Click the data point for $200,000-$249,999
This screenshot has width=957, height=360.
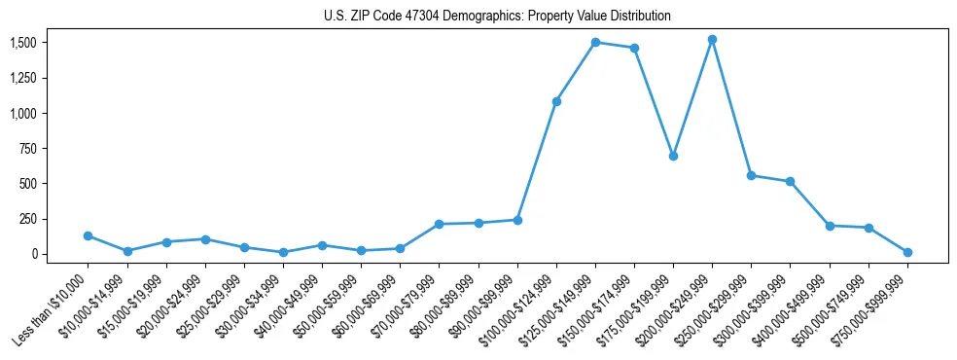[x=712, y=40]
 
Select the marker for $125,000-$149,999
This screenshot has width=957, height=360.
[x=595, y=43]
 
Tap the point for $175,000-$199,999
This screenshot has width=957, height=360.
[x=673, y=156]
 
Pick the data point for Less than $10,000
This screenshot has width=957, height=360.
[x=89, y=235]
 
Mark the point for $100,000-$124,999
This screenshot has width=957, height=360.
[x=556, y=101]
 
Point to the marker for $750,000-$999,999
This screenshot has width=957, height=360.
[x=907, y=252]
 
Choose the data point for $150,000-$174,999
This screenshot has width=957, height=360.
[x=634, y=48]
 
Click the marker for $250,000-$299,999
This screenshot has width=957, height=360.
[x=751, y=175]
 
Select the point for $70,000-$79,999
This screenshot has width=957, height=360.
[x=440, y=224]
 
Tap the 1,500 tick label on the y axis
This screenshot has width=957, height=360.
[x=22, y=43]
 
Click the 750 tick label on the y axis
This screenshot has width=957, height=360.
[x=28, y=149]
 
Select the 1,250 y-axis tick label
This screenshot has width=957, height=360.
[x=22, y=79]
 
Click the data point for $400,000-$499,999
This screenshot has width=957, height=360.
[x=830, y=226]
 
